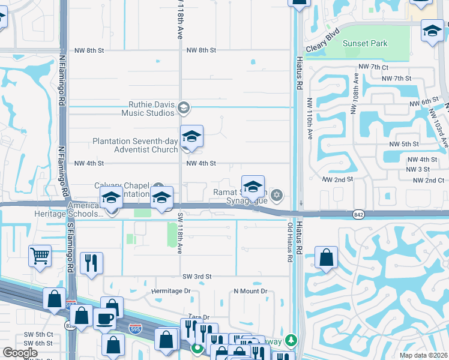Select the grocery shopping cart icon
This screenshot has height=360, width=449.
40,256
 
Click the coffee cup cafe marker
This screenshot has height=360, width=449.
105,318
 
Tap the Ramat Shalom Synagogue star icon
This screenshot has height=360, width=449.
276,194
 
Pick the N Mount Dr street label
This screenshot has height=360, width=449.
250,291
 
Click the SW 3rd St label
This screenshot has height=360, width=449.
197,276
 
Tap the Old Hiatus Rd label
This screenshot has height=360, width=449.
289,242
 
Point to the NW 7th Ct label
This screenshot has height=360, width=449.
373,67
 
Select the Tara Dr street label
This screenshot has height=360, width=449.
198,317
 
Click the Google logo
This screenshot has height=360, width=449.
20,353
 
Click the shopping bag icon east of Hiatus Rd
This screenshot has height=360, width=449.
325,258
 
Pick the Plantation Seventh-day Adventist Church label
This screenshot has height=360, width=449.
135,145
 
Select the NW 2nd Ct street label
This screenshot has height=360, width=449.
426,180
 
